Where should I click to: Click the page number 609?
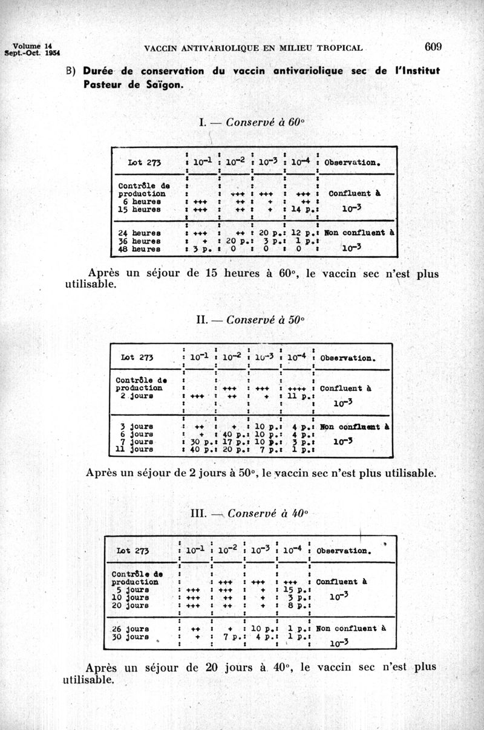[x=434, y=47]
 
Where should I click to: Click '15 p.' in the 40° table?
[x=292, y=590]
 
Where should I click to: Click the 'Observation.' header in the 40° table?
[x=343, y=551]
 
